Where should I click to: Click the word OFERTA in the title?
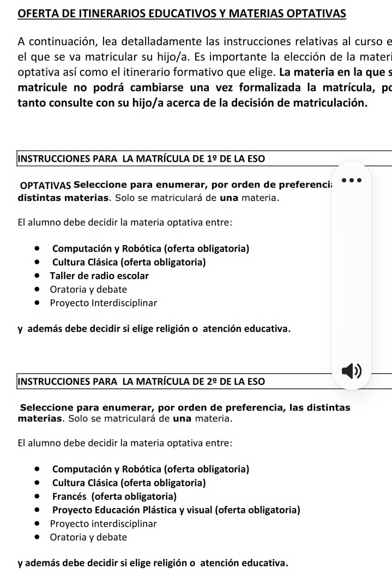point(37,14)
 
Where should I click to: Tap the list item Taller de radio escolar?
point(99,276)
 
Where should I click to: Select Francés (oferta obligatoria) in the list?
point(114,497)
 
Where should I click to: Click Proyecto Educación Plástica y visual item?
point(176,510)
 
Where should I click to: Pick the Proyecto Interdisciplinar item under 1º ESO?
point(103,303)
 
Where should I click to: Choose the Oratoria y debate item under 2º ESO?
point(88,537)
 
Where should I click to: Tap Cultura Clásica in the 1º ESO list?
point(129,262)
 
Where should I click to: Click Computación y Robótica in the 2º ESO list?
point(150,469)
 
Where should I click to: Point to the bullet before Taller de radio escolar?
point(37,276)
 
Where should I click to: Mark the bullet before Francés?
point(37,497)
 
